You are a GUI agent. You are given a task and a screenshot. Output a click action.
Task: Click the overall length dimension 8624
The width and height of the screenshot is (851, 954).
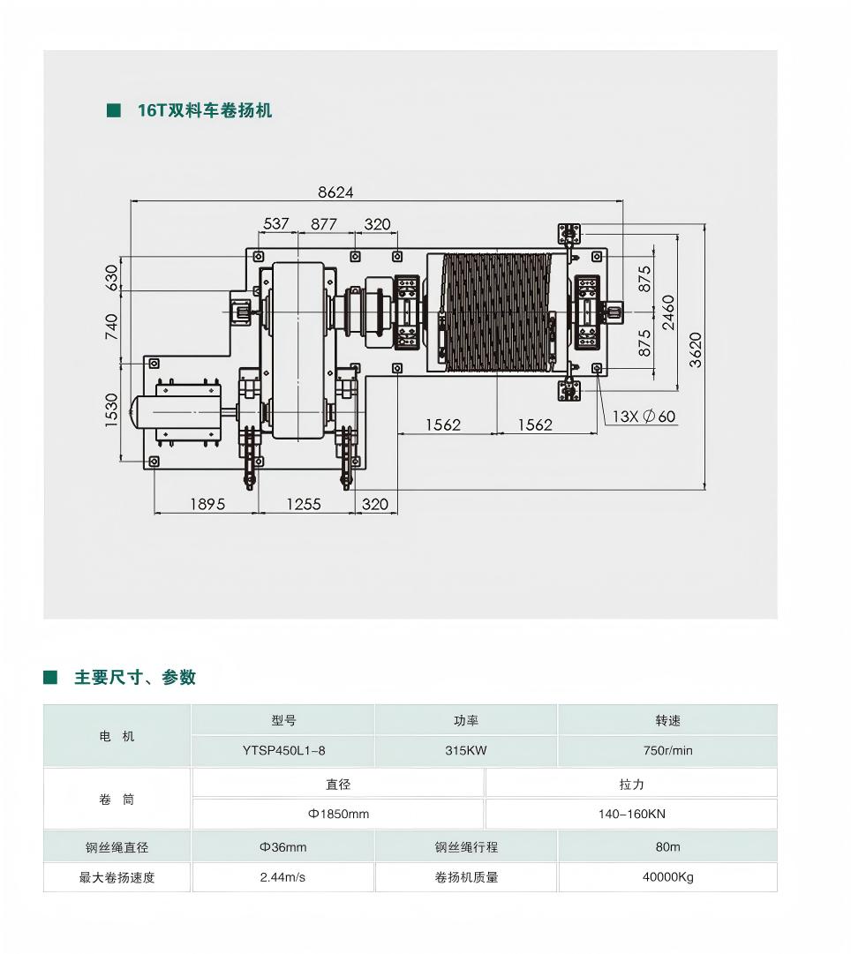(335, 192)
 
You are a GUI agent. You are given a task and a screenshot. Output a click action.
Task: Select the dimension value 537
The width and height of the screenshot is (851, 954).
(275, 224)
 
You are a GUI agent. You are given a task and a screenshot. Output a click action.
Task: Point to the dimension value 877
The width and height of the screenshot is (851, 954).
(324, 224)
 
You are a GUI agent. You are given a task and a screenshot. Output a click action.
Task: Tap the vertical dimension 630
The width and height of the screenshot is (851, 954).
(111, 277)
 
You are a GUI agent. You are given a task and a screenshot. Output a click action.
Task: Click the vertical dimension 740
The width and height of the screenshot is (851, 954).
(111, 327)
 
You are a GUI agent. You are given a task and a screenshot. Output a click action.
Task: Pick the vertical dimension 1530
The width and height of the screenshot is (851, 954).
(111, 410)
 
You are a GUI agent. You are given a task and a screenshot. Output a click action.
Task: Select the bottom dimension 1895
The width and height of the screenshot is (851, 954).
(207, 505)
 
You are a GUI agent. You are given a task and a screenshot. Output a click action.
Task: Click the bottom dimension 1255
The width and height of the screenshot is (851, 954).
(304, 505)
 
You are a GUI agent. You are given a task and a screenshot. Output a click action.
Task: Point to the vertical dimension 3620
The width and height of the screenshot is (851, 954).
(695, 349)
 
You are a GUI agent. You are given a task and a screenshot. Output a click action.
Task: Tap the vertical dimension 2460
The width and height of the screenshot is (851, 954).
(668, 312)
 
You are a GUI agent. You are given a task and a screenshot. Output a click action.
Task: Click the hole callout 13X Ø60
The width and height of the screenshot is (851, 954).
(644, 417)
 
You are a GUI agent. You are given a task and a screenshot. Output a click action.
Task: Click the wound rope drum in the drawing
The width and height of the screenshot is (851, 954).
(497, 312)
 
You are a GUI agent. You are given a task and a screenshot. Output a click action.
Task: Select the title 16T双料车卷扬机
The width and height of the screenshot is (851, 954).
(205, 110)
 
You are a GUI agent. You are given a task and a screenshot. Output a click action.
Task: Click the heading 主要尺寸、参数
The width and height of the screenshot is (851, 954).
(135, 677)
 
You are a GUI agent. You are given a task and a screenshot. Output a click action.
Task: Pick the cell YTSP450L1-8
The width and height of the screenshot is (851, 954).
(283, 751)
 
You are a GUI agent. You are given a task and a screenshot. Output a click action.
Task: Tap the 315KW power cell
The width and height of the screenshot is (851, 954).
(466, 751)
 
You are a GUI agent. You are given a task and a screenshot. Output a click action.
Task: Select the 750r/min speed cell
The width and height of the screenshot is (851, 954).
(667, 751)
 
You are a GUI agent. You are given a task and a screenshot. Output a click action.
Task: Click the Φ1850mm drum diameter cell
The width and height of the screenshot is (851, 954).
(338, 814)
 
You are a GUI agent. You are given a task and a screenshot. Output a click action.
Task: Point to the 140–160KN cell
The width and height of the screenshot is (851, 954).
(632, 814)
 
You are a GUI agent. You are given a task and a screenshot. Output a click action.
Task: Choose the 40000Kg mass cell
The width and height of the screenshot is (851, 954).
(667, 877)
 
